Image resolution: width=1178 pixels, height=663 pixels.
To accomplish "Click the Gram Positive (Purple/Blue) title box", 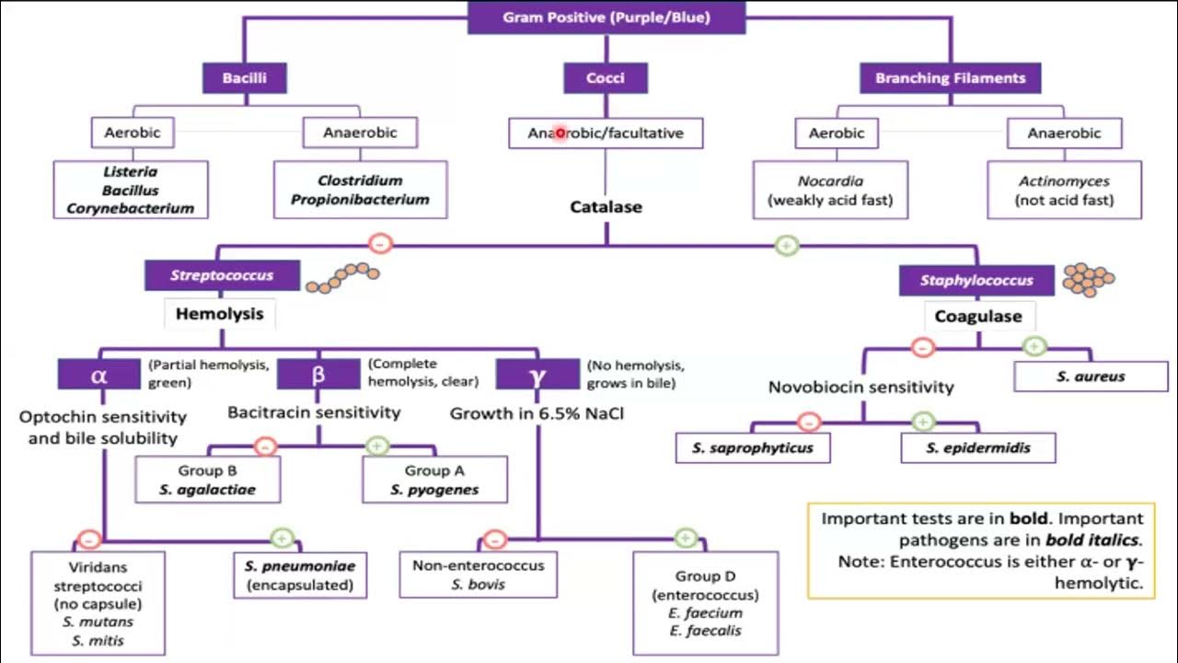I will tap(606, 17).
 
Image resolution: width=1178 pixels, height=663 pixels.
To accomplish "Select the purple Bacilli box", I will tap(244, 78).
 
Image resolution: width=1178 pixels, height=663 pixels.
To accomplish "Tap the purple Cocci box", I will tap(605, 78).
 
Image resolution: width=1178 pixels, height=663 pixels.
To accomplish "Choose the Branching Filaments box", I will tap(950, 78).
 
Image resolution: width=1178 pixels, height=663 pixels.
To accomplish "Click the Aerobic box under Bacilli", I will tap(132, 133).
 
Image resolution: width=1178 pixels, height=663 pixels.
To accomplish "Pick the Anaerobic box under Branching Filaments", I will tap(1065, 133).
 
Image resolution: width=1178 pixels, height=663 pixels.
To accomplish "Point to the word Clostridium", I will tap(360, 180).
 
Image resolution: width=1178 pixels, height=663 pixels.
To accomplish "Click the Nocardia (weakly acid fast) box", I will tap(830, 191).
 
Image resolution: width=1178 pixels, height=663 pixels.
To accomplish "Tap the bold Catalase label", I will tap(605, 206).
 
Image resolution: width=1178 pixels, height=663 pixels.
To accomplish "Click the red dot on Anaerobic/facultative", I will tap(560, 134).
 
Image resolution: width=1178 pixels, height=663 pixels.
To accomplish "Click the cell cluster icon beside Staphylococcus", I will tap(1089, 276).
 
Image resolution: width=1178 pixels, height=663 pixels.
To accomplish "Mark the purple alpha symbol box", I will tap(99, 375).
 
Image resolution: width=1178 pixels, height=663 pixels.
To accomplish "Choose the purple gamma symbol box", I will tap(537, 375).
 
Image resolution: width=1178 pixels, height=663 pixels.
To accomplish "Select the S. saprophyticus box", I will tap(752, 448).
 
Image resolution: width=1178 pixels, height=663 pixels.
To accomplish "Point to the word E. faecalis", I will tap(705, 631).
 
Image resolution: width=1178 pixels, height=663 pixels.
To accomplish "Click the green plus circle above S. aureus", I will tap(1034, 346).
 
